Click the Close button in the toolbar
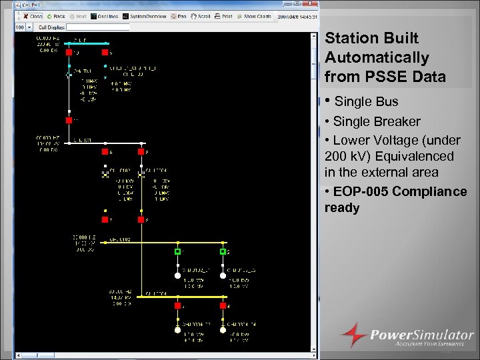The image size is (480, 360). tap(31, 16)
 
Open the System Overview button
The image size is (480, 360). tap(144, 16)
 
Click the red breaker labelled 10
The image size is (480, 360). tap(69, 51)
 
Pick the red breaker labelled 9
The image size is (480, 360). tap(105, 51)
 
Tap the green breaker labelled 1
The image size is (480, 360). tap(177, 252)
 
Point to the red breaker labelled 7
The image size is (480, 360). tap(105, 219)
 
